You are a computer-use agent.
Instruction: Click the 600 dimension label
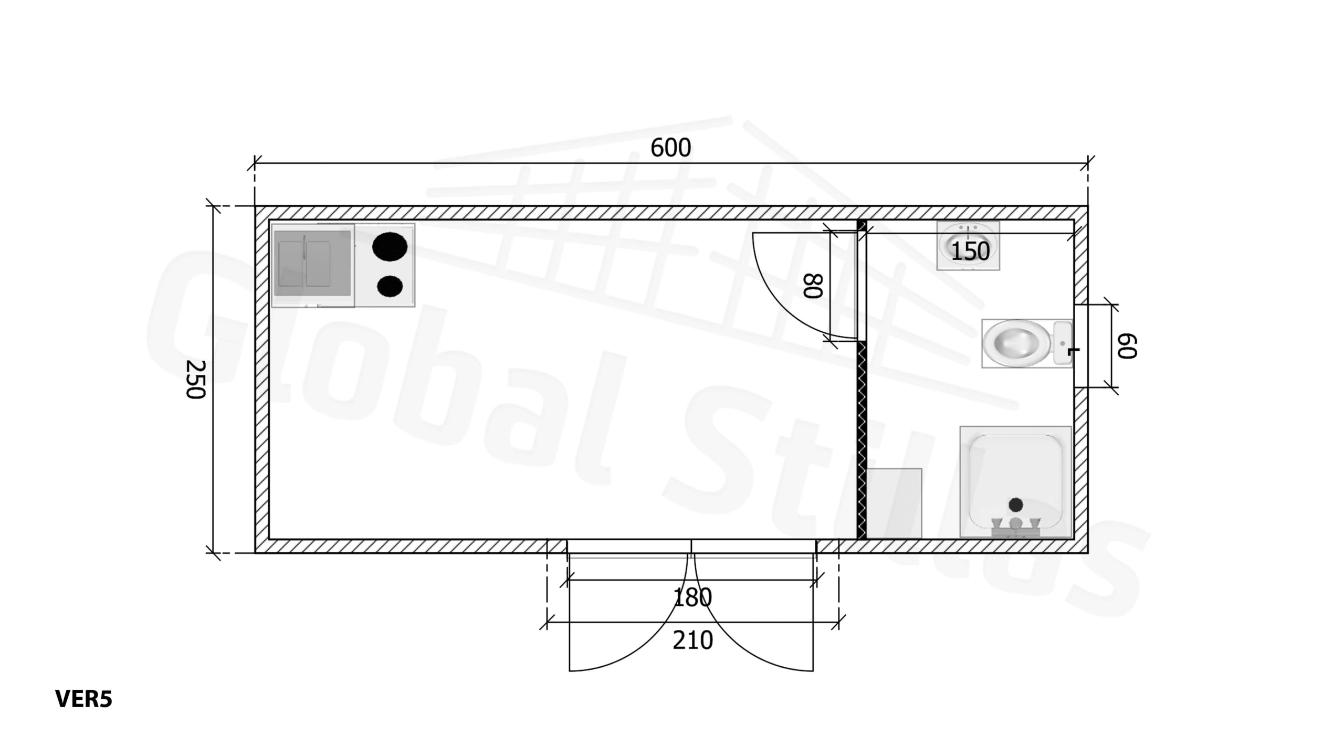[670, 148]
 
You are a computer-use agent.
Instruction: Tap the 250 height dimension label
[196, 380]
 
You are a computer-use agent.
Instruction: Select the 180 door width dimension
[692, 597]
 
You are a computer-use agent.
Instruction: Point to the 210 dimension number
[692, 640]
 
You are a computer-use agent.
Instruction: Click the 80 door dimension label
[813, 286]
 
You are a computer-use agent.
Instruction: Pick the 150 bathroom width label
[970, 251]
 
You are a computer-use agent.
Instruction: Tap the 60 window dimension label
[1127, 346]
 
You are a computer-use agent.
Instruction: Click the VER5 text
[83, 699]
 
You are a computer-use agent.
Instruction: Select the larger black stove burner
[390, 247]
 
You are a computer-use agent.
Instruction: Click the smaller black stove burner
[390, 286]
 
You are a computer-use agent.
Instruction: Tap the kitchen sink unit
[312, 265]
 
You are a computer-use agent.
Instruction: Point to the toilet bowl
[1015, 343]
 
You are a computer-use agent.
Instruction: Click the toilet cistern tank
[1062, 343]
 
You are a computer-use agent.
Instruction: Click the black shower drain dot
[1016, 505]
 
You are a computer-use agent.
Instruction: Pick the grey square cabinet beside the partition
[894, 503]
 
